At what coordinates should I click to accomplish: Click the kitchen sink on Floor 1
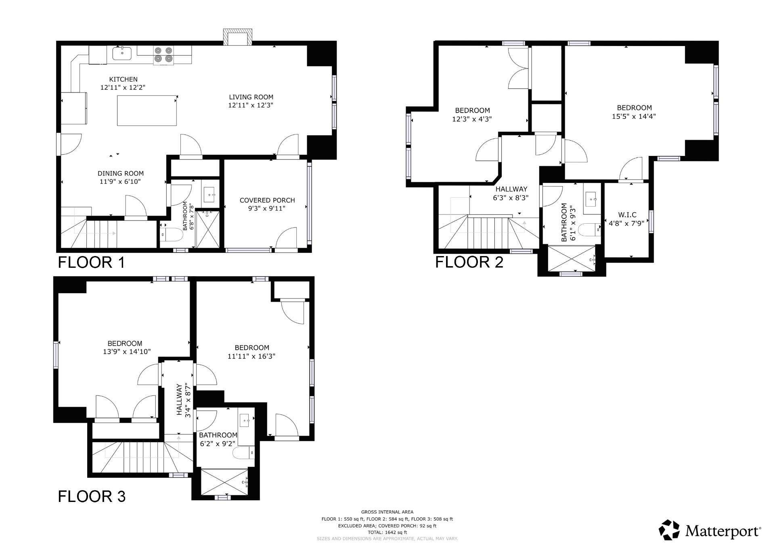tap(122, 53)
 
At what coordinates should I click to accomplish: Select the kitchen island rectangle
tap(147, 110)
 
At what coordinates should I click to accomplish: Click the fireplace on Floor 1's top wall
tap(238, 37)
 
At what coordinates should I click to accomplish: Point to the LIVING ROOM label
tap(251, 97)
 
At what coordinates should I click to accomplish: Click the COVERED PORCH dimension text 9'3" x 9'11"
tap(267, 208)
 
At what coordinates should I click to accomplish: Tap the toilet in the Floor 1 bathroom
tap(171, 235)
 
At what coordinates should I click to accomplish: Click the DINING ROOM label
tap(120, 173)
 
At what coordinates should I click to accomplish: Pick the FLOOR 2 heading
tap(469, 262)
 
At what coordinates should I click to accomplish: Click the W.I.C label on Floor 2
tap(627, 215)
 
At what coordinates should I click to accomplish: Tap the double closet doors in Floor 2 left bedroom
tap(518, 69)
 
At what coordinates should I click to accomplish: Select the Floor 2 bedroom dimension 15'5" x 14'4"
tap(634, 116)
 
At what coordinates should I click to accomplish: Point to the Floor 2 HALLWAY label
tap(511, 189)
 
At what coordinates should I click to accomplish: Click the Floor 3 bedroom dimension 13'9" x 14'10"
tap(127, 352)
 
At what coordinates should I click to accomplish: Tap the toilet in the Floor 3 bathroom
tap(243, 453)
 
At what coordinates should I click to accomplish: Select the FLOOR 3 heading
tap(92, 496)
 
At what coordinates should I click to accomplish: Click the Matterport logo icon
tap(669, 530)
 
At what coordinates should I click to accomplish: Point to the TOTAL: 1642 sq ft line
tap(387, 532)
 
